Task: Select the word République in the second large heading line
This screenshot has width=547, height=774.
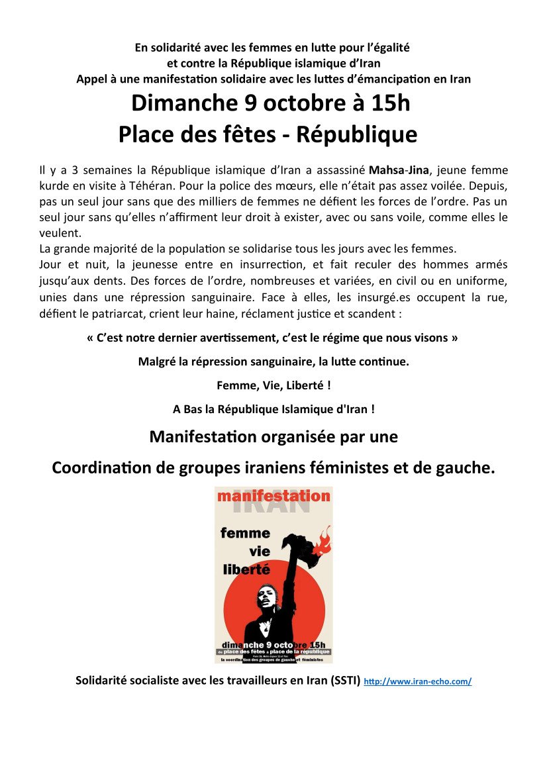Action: pos(356,134)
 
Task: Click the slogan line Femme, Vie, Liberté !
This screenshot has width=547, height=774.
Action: pos(273,385)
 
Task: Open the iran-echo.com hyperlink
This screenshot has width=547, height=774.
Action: pos(417,681)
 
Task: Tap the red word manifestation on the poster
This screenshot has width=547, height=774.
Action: pos(273,495)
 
